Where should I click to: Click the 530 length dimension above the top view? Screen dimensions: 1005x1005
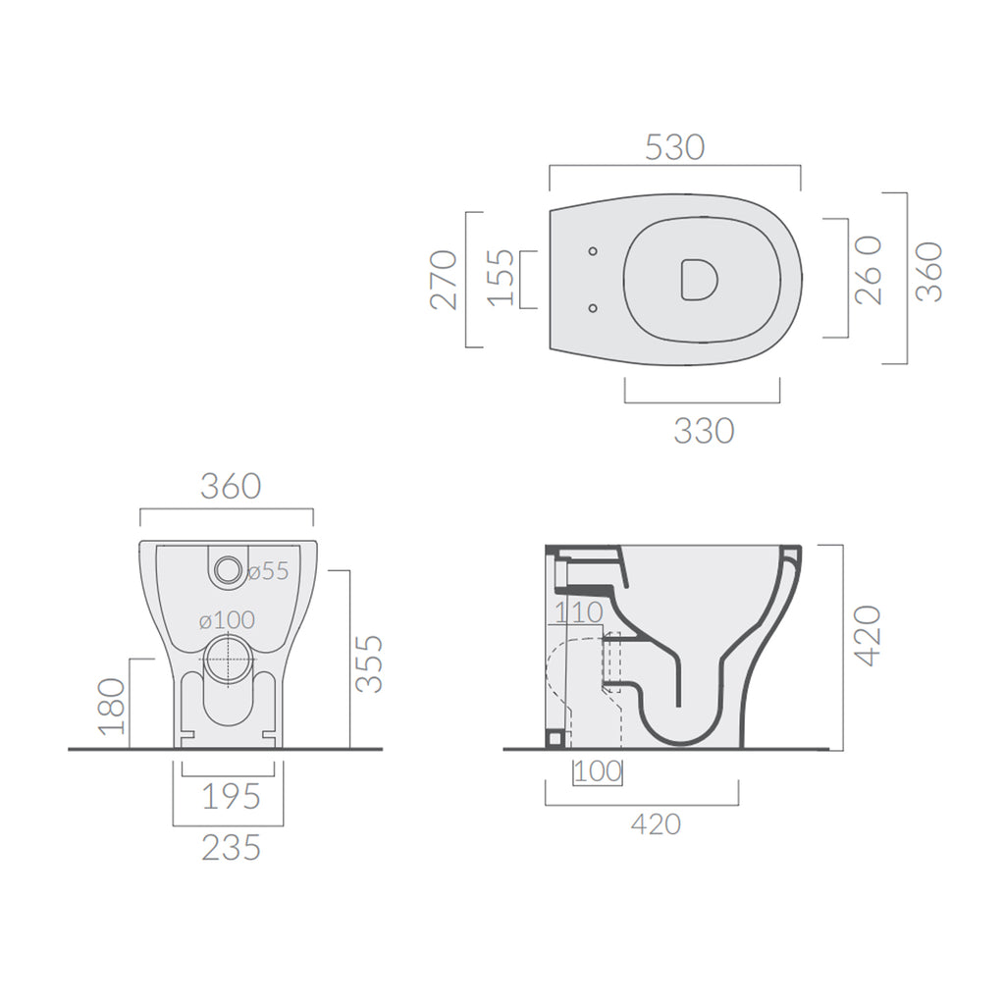coord(674,146)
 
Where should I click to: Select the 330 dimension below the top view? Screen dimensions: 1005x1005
coord(704,430)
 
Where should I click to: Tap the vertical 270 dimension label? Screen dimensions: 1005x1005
coord(446,280)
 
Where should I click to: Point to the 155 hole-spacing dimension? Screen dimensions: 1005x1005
coord(501,278)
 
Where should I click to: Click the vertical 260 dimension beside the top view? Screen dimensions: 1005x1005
coord(869,271)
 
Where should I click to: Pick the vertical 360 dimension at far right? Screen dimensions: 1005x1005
coord(928,271)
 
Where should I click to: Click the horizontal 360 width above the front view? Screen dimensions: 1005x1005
coord(231,485)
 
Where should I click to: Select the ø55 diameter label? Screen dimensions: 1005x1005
coord(268,572)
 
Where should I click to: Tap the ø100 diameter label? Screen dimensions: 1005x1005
coord(227,620)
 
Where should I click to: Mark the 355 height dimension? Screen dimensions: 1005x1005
coord(369,664)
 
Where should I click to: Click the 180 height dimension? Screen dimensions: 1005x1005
coord(113,706)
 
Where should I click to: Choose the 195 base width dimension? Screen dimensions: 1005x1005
coord(231,797)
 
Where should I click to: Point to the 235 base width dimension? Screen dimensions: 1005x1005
coord(231,847)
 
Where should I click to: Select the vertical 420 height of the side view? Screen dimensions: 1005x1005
coord(869,636)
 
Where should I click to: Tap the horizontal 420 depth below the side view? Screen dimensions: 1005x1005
coord(656,824)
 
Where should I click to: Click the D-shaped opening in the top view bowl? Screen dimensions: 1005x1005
coord(698,278)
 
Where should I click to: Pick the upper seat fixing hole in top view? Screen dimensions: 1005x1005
coord(593,252)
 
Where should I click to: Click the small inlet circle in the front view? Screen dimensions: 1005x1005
coord(228,568)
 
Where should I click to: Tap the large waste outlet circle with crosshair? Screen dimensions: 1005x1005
coord(230,659)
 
